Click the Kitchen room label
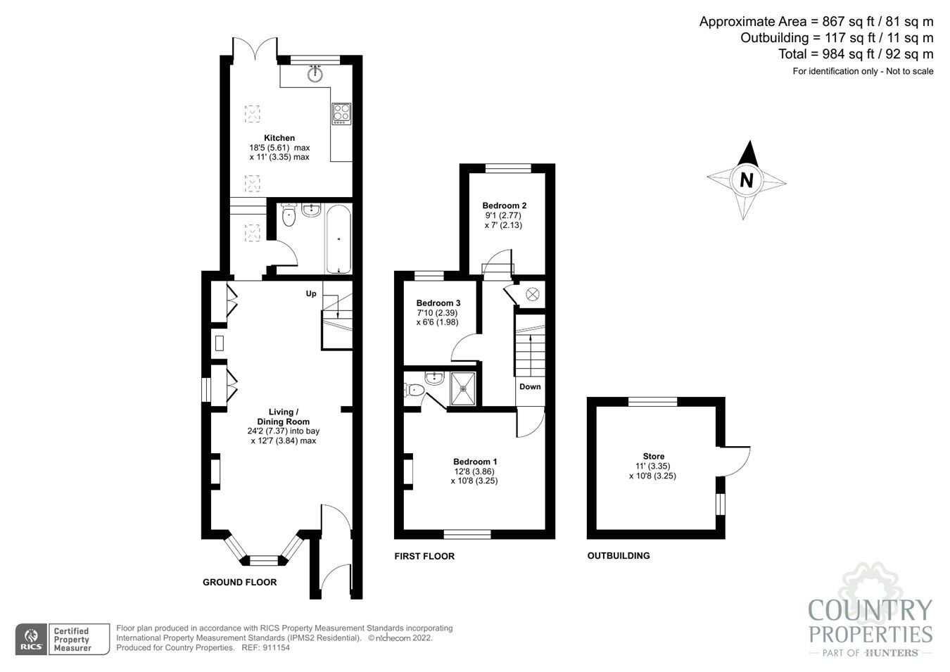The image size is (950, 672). pyautogui.click(x=279, y=138)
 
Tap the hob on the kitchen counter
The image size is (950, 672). pyautogui.click(x=342, y=113)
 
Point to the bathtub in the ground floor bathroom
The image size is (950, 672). pyautogui.click(x=338, y=239)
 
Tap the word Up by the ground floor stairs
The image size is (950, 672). pyautogui.click(x=310, y=293)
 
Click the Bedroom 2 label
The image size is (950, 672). pyautogui.click(x=504, y=205)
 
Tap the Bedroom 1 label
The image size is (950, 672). pyautogui.click(x=475, y=462)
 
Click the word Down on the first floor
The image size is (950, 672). pyautogui.click(x=530, y=387)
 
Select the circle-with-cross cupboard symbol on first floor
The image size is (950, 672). pyautogui.click(x=532, y=294)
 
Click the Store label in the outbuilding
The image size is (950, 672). pyautogui.click(x=653, y=457)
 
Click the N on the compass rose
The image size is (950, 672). pyautogui.click(x=746, y=180)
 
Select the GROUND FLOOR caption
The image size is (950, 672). pyautogui.click(x=239, y=582)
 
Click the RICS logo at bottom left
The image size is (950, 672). pyautogui.click(x=31, y=639)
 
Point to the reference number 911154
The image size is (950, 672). pyautogui.click(x=275, y=647)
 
